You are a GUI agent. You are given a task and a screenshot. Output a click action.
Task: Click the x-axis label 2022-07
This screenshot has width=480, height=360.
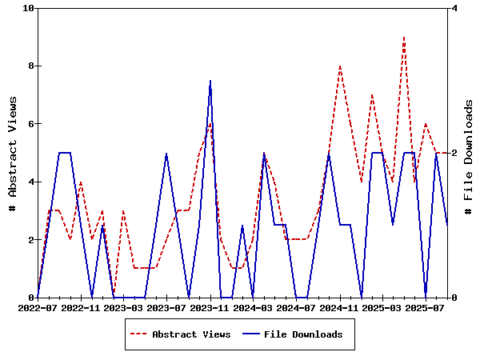tap(38, 307)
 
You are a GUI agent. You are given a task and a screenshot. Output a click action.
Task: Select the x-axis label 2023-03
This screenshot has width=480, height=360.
tap(124, 307)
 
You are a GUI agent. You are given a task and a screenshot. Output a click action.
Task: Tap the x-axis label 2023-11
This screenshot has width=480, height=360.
tap(210, 307)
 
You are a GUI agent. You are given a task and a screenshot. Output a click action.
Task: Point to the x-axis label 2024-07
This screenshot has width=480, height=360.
tap(296, 307)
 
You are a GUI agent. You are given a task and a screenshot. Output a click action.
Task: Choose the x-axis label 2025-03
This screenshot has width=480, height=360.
tap(382, 307)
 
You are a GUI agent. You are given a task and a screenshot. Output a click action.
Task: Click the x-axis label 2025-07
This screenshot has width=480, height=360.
tap(426, 307)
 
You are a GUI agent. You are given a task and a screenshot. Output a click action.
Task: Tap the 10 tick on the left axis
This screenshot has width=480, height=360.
tap(29, 8)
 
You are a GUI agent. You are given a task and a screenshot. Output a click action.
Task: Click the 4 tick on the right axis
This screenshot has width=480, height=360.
tap(454, 8)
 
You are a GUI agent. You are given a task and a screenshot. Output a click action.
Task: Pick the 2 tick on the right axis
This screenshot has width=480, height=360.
tap(454, 153)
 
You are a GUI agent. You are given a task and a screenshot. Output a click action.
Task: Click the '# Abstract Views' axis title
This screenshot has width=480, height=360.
tap(13, 153)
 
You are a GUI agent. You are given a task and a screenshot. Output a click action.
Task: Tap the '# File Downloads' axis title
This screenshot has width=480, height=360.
tap(469, 153)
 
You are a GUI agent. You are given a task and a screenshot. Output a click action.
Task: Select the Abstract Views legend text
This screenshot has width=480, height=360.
tap(191, 334)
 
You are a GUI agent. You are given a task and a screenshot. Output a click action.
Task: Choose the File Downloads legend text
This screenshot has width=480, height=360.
tap(303, 334)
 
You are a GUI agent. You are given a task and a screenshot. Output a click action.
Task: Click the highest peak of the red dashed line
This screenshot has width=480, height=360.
tap(404, 37)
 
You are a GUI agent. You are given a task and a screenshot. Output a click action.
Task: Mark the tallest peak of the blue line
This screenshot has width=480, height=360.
tap(210, 81)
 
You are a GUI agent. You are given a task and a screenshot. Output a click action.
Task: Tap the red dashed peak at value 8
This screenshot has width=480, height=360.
tap(340, 66)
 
